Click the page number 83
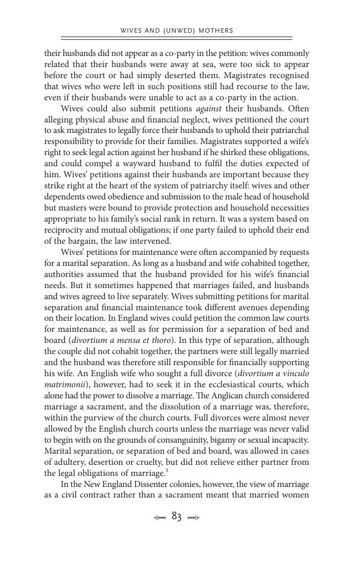(177, 517)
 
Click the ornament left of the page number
(160, 518)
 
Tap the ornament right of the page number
(194, 518)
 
